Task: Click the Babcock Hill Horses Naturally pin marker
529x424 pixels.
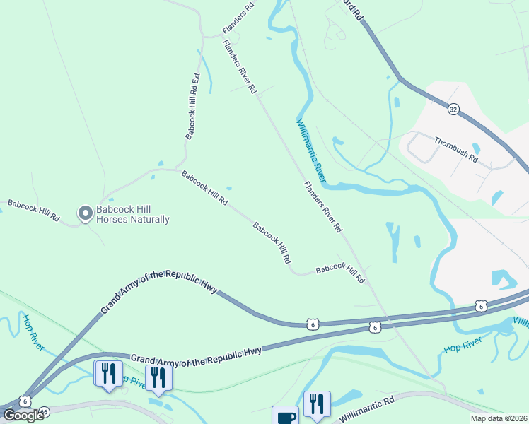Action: coord(86,213)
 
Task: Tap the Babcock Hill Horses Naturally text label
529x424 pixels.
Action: coord(133,214)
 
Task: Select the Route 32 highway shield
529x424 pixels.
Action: coord(453,109)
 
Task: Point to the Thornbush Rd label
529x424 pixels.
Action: coord(456,149)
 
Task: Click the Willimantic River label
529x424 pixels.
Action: coord(310,149)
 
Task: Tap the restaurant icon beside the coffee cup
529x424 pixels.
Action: coord(317,404)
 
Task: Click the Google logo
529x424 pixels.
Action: coord(23,416)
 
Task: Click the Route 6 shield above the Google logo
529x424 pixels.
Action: coord(25,400)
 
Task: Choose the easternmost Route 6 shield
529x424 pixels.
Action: coord(481,306)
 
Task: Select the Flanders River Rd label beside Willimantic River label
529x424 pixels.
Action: coord(323,207)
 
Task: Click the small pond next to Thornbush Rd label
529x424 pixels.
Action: coord(476,149)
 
